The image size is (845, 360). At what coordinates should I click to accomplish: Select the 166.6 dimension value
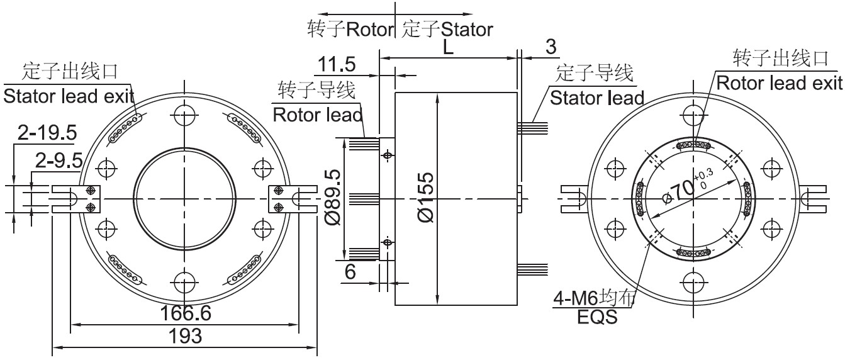pos(185,313)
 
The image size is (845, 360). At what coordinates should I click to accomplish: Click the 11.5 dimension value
pos(337,64)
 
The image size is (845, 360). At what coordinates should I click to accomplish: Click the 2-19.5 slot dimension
pos(47,133)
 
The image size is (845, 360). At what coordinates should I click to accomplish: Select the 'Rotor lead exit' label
pos(780,83)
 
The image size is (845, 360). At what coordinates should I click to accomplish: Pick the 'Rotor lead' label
pos(318,115)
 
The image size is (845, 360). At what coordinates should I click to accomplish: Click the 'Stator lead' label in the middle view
pos(596,98)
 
